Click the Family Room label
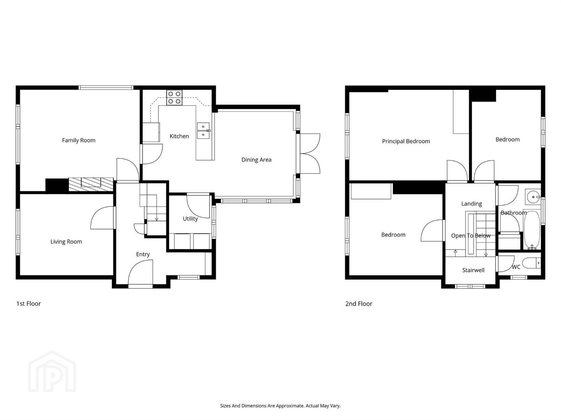[79, 140]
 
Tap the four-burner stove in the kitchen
[175, 98]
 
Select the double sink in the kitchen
[203, 131]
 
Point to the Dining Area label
[256, 160]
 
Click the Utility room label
[191, 219]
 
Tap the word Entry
[143, 254]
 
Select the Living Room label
[66, 242]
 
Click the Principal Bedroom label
[406, 141]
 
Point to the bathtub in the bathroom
[532, 230]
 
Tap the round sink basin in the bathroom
[533, 197]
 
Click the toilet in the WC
[531, 263]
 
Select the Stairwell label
[473, 270]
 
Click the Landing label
[471, 204]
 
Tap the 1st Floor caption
[28, 304]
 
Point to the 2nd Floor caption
[358, 304]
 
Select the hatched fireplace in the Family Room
[91, 184]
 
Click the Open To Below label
[471, 236]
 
